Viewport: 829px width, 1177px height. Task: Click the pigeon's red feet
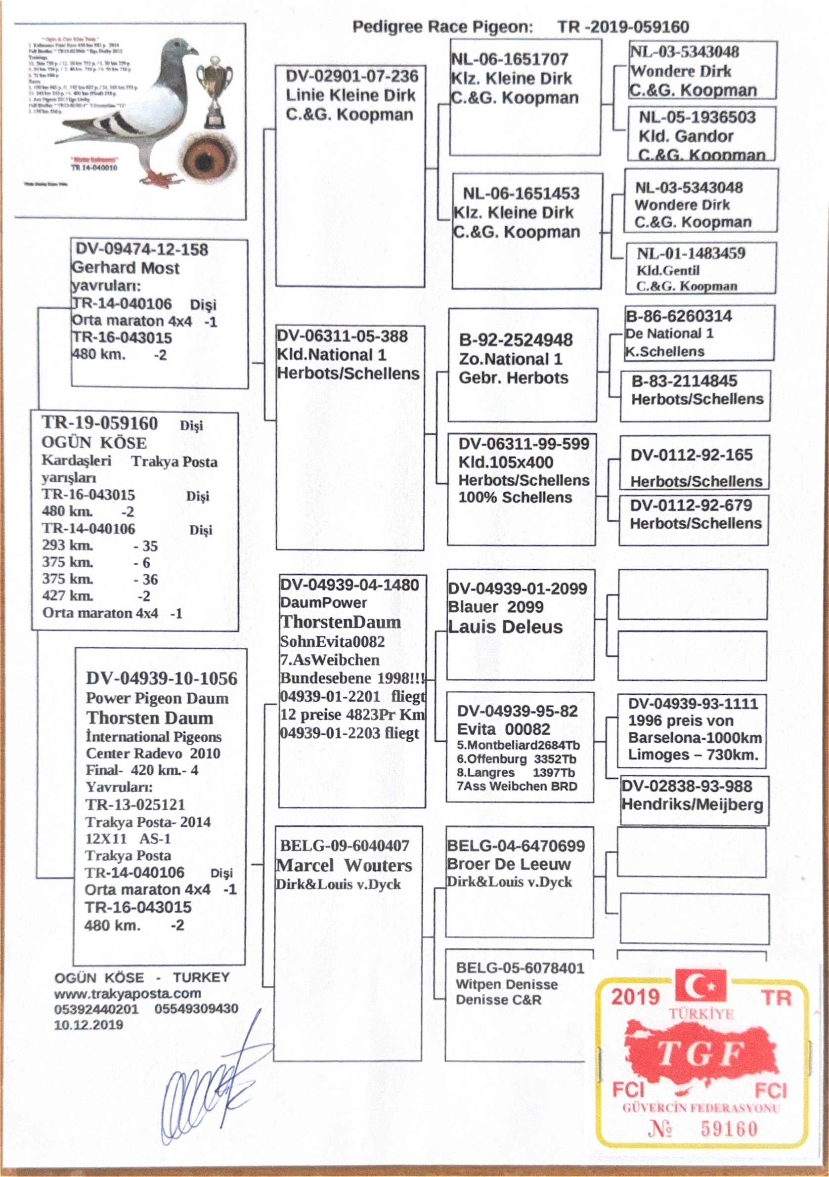163,179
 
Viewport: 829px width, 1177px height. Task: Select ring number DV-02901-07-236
351,77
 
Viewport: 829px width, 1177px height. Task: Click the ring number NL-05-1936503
697,118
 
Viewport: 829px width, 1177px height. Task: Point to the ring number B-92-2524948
516,340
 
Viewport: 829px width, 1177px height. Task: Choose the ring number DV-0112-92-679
691,505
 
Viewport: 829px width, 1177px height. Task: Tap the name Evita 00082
503,729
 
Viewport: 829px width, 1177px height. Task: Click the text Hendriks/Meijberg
692,804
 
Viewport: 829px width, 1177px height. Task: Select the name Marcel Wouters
344,865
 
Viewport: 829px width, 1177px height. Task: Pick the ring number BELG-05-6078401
520,968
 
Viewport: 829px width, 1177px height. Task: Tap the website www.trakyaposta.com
127,993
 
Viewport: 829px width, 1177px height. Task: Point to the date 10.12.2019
88,1025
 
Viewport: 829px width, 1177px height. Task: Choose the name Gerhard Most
126,268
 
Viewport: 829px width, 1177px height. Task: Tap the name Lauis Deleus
505,627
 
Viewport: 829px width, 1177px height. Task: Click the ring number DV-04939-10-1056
162,679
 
